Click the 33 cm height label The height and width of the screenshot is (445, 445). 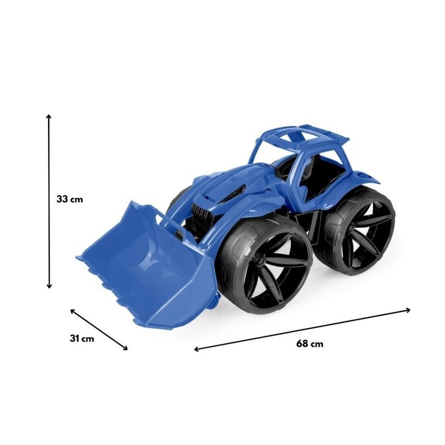pos(70,199)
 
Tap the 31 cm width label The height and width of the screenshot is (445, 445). pos(82,338)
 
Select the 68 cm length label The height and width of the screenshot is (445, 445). pos(310,344)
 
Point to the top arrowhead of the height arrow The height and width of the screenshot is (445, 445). pos(49,117)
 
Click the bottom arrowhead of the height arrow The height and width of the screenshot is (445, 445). pos(49,286)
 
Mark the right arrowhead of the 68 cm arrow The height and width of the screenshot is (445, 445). pos(408,310)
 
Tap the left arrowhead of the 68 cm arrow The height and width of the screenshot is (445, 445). pos(197,349)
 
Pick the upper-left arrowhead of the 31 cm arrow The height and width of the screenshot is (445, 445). pos(73,311)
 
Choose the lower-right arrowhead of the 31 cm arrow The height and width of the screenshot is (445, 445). pos(125,348)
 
